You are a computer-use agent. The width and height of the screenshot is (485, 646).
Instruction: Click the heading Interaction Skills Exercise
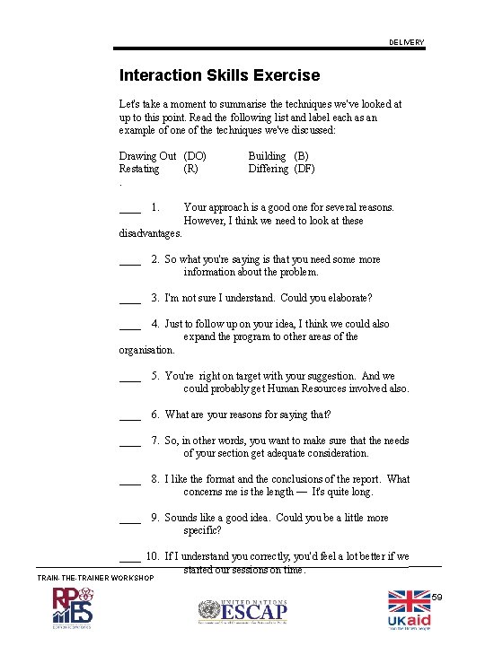tap(219, 75)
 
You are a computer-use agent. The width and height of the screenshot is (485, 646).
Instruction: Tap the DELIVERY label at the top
tap(407, 43)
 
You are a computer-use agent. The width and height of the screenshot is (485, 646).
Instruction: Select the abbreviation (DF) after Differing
tap(304, 169)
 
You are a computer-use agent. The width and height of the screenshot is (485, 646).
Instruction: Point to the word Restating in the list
tap(139, 169)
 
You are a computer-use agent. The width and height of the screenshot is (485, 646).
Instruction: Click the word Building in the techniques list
tap(267, 156)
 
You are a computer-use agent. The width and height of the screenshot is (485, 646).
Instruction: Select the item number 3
tap(155, 298)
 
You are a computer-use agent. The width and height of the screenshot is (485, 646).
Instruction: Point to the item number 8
tap(155, 479)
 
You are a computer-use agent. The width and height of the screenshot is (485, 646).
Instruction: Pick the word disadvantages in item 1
tap(150, 233)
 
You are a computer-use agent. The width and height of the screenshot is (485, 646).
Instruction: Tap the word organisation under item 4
tap(146, 350)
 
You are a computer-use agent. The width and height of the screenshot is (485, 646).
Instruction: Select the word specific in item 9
tap(202, 531)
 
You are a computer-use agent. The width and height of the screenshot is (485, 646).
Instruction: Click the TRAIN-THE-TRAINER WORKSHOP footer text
tap(95, 578)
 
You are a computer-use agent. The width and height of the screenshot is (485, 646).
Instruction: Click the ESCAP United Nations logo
tap(242, 612)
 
